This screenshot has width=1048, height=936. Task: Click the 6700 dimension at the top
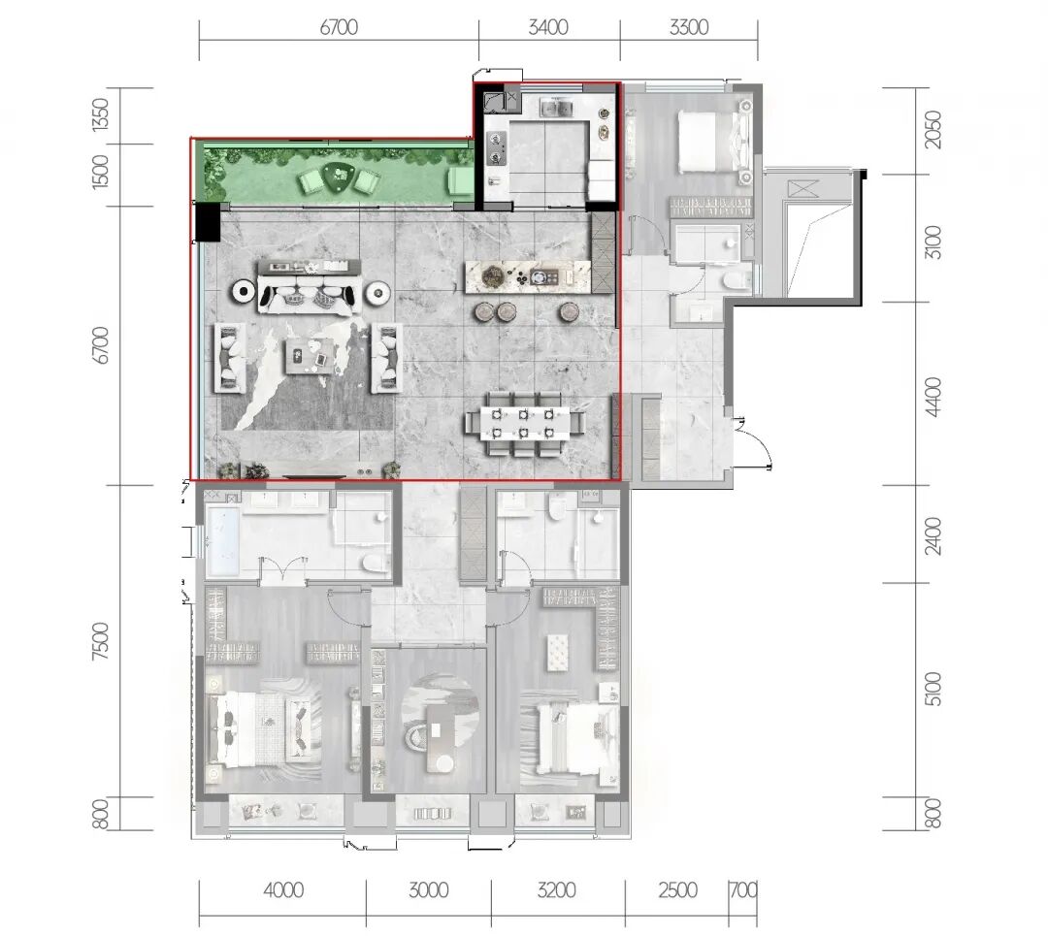point(339,27)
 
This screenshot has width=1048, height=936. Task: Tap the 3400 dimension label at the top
point(548,27)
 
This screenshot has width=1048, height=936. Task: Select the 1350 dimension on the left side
point(100,114)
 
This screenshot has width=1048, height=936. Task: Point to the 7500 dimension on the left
point(100,641)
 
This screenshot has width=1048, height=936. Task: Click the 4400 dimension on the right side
point(933,397)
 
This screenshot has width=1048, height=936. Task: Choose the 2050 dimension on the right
point(933,130)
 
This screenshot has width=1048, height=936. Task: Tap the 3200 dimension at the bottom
point(557,889)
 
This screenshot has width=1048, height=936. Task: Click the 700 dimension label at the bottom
point(743,889)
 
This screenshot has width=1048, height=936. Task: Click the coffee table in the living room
point(310,355)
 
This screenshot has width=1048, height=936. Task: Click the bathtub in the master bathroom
point(222,541)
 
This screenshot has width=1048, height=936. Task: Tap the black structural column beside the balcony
point(208,222)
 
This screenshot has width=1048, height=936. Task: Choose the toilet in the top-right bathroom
point(735,280)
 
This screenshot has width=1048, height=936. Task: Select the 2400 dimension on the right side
point(933,535)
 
